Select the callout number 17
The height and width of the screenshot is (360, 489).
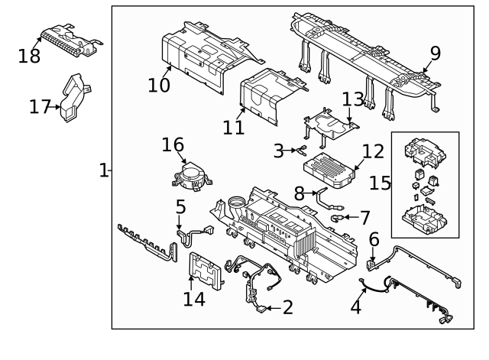(40, 107)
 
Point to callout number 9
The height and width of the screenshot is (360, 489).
(435, 53)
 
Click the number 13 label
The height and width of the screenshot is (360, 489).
(353, 99)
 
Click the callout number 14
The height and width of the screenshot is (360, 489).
(194, 299)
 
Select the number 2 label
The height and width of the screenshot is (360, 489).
(287, 307)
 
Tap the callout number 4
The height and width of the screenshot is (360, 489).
(355, 309)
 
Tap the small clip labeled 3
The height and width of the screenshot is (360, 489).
(302, 150)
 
